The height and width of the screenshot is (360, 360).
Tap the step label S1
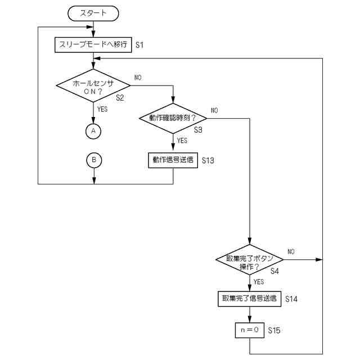click(139, 45)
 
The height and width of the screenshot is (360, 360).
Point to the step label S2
click(120, 98)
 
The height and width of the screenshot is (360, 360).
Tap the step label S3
click(198, 130)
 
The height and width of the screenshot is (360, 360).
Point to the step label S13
click(208, 160)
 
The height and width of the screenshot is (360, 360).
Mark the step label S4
click(274, 271)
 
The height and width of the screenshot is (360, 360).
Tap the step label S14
click(291, 299)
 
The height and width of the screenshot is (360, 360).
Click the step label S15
click(274, 330)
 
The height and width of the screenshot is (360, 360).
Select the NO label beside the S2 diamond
click(138, 78)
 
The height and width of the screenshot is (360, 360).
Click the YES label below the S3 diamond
click(182, 141)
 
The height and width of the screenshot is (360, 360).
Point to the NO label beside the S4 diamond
click(291, 251)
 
